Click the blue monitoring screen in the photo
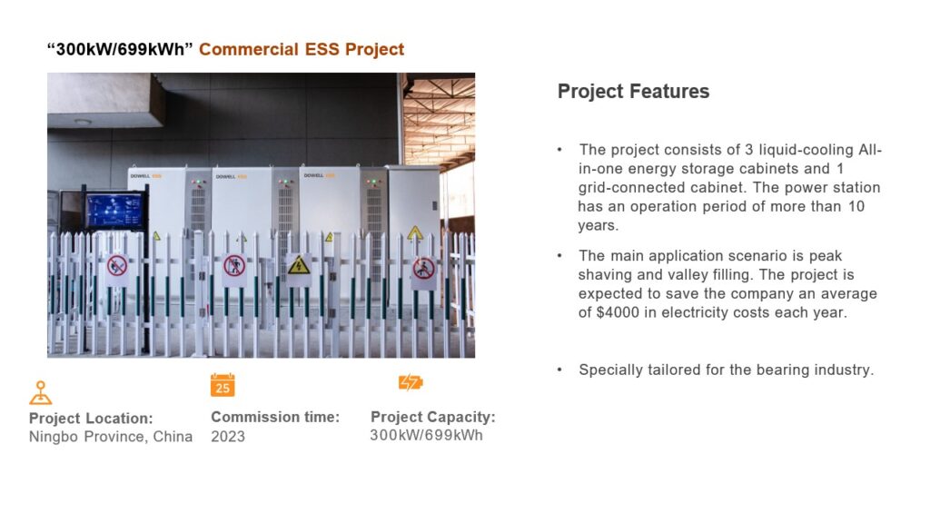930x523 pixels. coord(114,211)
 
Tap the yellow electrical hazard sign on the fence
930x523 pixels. coord(298,265)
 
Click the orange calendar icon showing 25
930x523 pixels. coord(223,385)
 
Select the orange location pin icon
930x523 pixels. coord(40,392)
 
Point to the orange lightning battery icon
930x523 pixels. coord(411,382)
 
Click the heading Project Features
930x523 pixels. coord(633,92)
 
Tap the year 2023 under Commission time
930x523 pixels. coord(228,437)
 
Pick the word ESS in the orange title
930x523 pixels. coord(322,49)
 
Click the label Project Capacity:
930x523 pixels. coord(433,417)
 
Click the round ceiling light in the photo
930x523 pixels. coord(83,123)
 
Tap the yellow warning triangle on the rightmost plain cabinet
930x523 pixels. coord(414,233)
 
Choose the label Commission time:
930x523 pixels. coord(275,417)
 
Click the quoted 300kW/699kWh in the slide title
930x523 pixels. coord(121,49)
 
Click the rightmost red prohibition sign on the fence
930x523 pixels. coord(423,269)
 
